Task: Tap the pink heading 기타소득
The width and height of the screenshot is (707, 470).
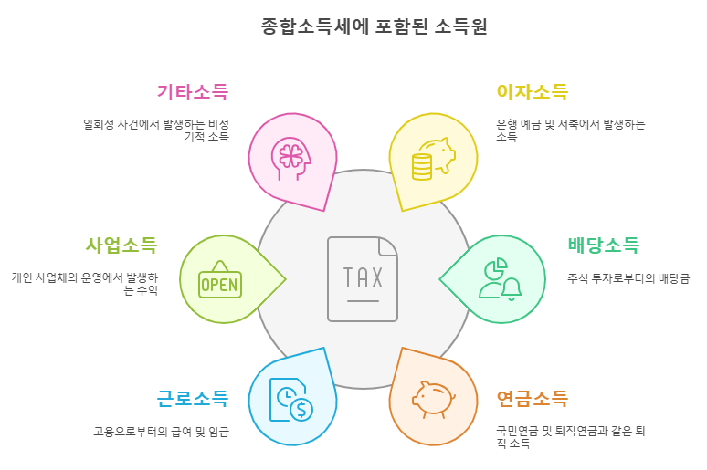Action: coord(192,92)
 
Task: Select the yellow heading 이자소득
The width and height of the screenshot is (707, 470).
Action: coord(532,92)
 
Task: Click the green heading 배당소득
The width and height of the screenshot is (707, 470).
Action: coord(603,245)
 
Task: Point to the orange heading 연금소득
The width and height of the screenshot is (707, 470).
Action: coord(532,399)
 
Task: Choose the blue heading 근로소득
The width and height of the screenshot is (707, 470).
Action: coord(192,399)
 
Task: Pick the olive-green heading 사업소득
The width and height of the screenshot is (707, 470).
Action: coord(121,245)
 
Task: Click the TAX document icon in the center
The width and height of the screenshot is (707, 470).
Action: coord(363,278)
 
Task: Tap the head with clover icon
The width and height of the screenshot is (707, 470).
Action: coord(291,156)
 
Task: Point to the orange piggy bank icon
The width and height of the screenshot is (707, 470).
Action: coord(433,399)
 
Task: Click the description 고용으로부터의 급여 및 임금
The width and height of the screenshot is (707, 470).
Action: coord(161,432)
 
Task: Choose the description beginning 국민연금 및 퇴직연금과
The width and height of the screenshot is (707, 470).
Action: coord(570,436)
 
